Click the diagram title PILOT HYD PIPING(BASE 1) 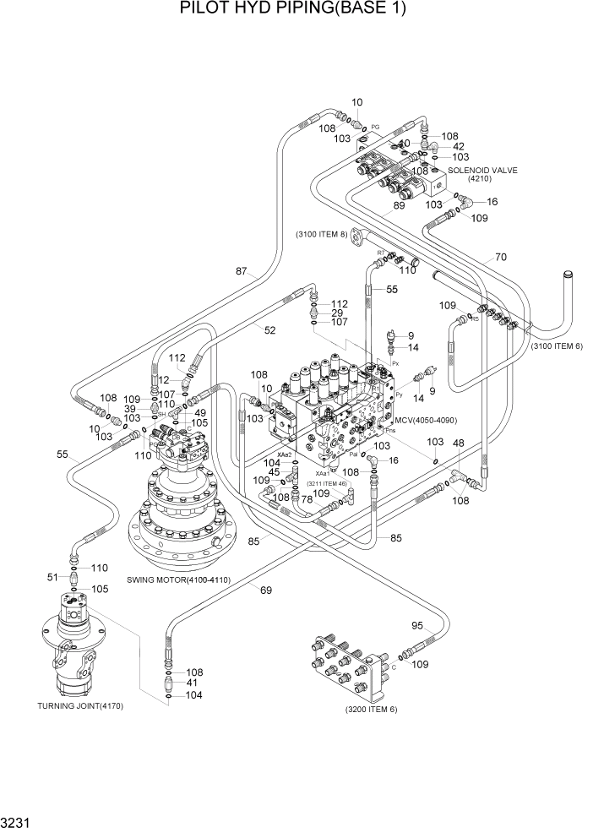click(293, 10)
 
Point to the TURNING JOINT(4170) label click(81, 705)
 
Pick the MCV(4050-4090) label click(427, 419)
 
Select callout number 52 click(269, 330)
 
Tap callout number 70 click(501, 256)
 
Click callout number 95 click(416, 626)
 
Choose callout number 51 click(52, 577)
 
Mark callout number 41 click(193, 682)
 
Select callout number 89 click(399, 204)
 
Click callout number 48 click(459, 443)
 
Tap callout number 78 click(307, 499)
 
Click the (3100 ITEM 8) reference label click(321, 233)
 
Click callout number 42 click(459, 146)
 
